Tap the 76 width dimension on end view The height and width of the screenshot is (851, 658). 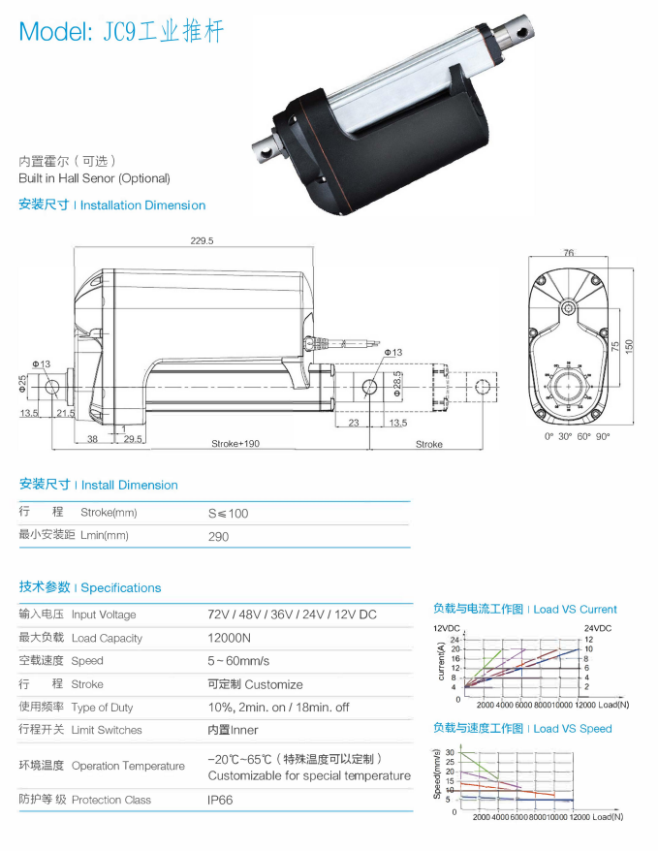point(569,253)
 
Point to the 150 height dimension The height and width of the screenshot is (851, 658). point(628,346)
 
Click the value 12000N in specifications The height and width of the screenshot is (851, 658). point(229,638)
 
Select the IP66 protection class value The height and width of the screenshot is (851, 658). point(220,800)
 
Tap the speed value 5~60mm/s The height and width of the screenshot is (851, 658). point(239,660)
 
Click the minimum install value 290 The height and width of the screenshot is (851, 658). point(218,536)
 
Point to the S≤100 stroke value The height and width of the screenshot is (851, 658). point(228,513)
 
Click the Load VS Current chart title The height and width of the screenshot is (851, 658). point(524,610)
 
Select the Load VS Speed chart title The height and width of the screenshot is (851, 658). point(522,729)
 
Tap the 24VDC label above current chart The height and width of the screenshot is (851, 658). point(598,628)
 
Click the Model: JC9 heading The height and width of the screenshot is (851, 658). point(121,31)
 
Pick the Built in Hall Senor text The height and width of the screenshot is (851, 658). point(94,178)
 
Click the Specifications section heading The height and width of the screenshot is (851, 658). point(90,587)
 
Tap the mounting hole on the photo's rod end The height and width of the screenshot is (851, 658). point(527,31)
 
